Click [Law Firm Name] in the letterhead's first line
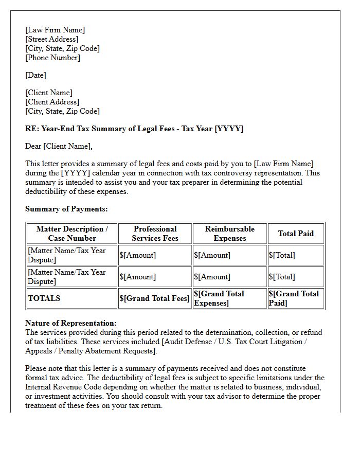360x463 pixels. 55,30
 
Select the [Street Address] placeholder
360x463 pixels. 52,39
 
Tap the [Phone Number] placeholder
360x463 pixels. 52,58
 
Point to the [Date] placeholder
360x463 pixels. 35,75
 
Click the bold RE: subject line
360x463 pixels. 134,129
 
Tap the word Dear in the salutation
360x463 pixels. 33,146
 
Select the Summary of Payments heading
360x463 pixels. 66,209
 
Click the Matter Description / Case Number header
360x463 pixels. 72,234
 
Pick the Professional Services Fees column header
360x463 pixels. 155,234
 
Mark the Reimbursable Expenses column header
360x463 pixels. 229,234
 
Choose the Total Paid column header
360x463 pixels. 296,234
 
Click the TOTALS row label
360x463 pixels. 44,298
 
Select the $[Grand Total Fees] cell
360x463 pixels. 154,298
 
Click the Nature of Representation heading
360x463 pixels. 71,323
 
